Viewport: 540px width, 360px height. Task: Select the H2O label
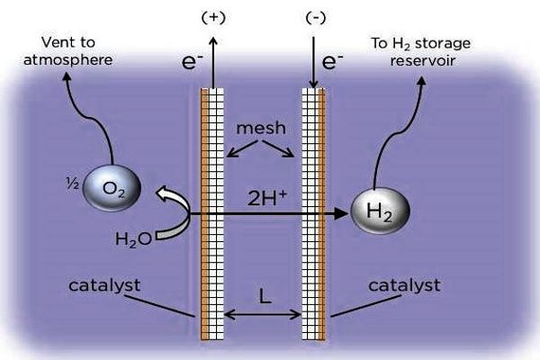tap(133, 238)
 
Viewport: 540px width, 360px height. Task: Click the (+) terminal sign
tap(213, 17)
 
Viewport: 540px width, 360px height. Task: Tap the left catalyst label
tap(105, 285)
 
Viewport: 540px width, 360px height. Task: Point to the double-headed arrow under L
tap(264, 314)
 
